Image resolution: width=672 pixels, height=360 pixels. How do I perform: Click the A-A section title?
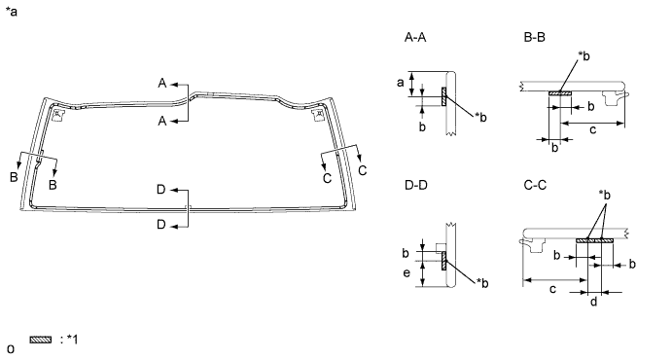pyautogui.click(x=415, y=38)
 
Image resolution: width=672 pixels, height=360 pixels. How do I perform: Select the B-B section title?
pyautogui.click(x=535, y=38)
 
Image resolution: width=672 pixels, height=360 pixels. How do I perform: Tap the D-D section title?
pyautogui.click(x=415, y=185)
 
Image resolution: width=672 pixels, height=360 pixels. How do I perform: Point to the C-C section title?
pyautogui.click(x=535, y=185)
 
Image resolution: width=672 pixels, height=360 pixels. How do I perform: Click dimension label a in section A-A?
pyautogui.click(x=401, y=83)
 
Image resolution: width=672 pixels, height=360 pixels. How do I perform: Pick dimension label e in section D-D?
pyautogui.click(x=407, y=272)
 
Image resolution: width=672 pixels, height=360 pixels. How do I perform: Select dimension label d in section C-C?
pyautogui.click(x=593, y=302)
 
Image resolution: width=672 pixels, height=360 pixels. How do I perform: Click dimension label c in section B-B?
pyautogui.click(x=592, y=129)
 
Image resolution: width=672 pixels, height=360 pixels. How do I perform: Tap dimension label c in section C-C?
pyautogui.click(x=552, y=289)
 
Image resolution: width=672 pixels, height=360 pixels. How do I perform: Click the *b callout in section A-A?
pyautogui.click(x=480, y=117)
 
